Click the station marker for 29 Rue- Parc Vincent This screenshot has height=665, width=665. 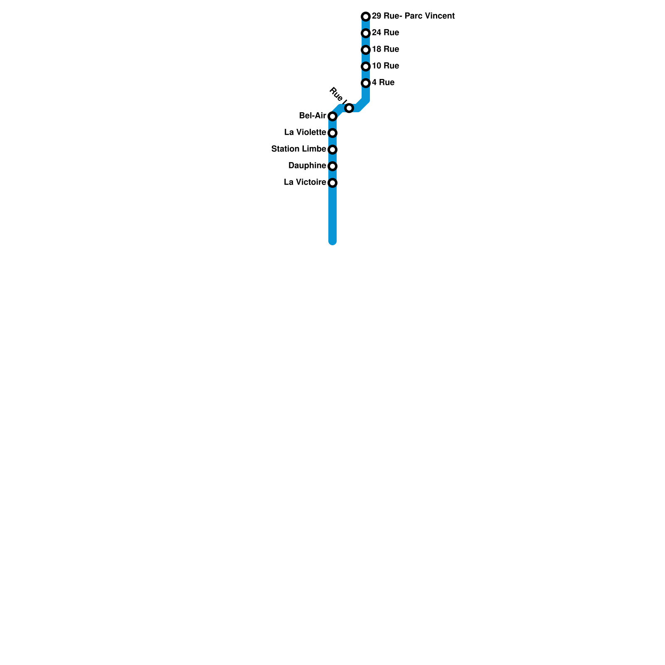[x=366, y=17]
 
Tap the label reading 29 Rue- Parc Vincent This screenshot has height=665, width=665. [x=413, y=16]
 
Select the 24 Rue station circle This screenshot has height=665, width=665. [x=366, y=33]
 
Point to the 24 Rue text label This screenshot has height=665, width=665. [x=385, y=33]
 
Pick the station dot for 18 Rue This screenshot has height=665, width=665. [x=366, y=50]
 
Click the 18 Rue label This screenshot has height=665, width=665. [x=385, y=49]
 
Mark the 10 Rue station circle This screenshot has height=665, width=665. [x=366, y=66]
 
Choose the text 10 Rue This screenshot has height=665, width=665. [x=385, y=66]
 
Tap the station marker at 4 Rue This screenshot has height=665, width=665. [x=366, y=83]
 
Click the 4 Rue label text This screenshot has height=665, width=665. [x=383, y=83]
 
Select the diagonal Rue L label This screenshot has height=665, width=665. [x=338, y=95]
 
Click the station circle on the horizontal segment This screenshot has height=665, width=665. [x=349, y=108]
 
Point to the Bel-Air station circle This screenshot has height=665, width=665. [x=332, y=116]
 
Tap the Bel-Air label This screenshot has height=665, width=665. [x=313, y=116]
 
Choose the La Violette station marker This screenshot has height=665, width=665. [x=332, y=133]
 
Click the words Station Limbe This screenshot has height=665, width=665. [x=298, y=149]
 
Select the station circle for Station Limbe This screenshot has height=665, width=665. [x=332, y=150]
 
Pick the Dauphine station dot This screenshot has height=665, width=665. [x=332, y=166]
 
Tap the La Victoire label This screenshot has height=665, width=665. [x=305, y=182]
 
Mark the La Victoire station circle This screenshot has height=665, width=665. [x=332, y=183]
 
